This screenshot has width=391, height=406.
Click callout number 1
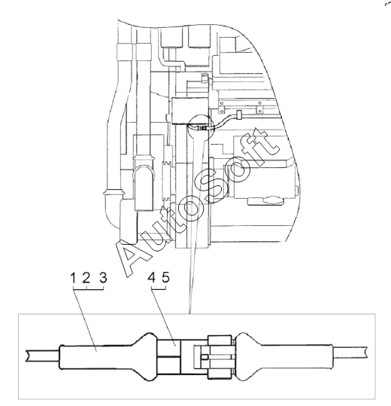click(x=73, y=278)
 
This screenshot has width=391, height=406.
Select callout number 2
click(x=86, y=278)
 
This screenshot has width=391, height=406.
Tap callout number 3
click(x=103, y=278)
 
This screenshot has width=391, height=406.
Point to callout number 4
click(x=152, y=278)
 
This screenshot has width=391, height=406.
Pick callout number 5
click(x=165, y=278)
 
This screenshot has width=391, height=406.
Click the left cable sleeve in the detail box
click(x=108, y=357)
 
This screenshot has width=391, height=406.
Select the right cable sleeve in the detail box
click(x=284, y=357)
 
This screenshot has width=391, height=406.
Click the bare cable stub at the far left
click(x=42, y=356)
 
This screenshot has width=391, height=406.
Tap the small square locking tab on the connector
click(x=205, y=357)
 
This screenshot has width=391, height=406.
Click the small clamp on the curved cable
click(x=239, y=114)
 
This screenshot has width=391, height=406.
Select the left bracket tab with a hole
click(x=222, y=108)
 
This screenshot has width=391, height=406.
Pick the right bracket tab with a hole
click(x=259, y=108)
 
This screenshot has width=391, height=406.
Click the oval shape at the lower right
click(x=272, y=200)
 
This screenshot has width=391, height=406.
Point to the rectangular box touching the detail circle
click(x=190, y=111)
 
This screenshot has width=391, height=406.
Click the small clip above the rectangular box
click(x=205, y=78)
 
